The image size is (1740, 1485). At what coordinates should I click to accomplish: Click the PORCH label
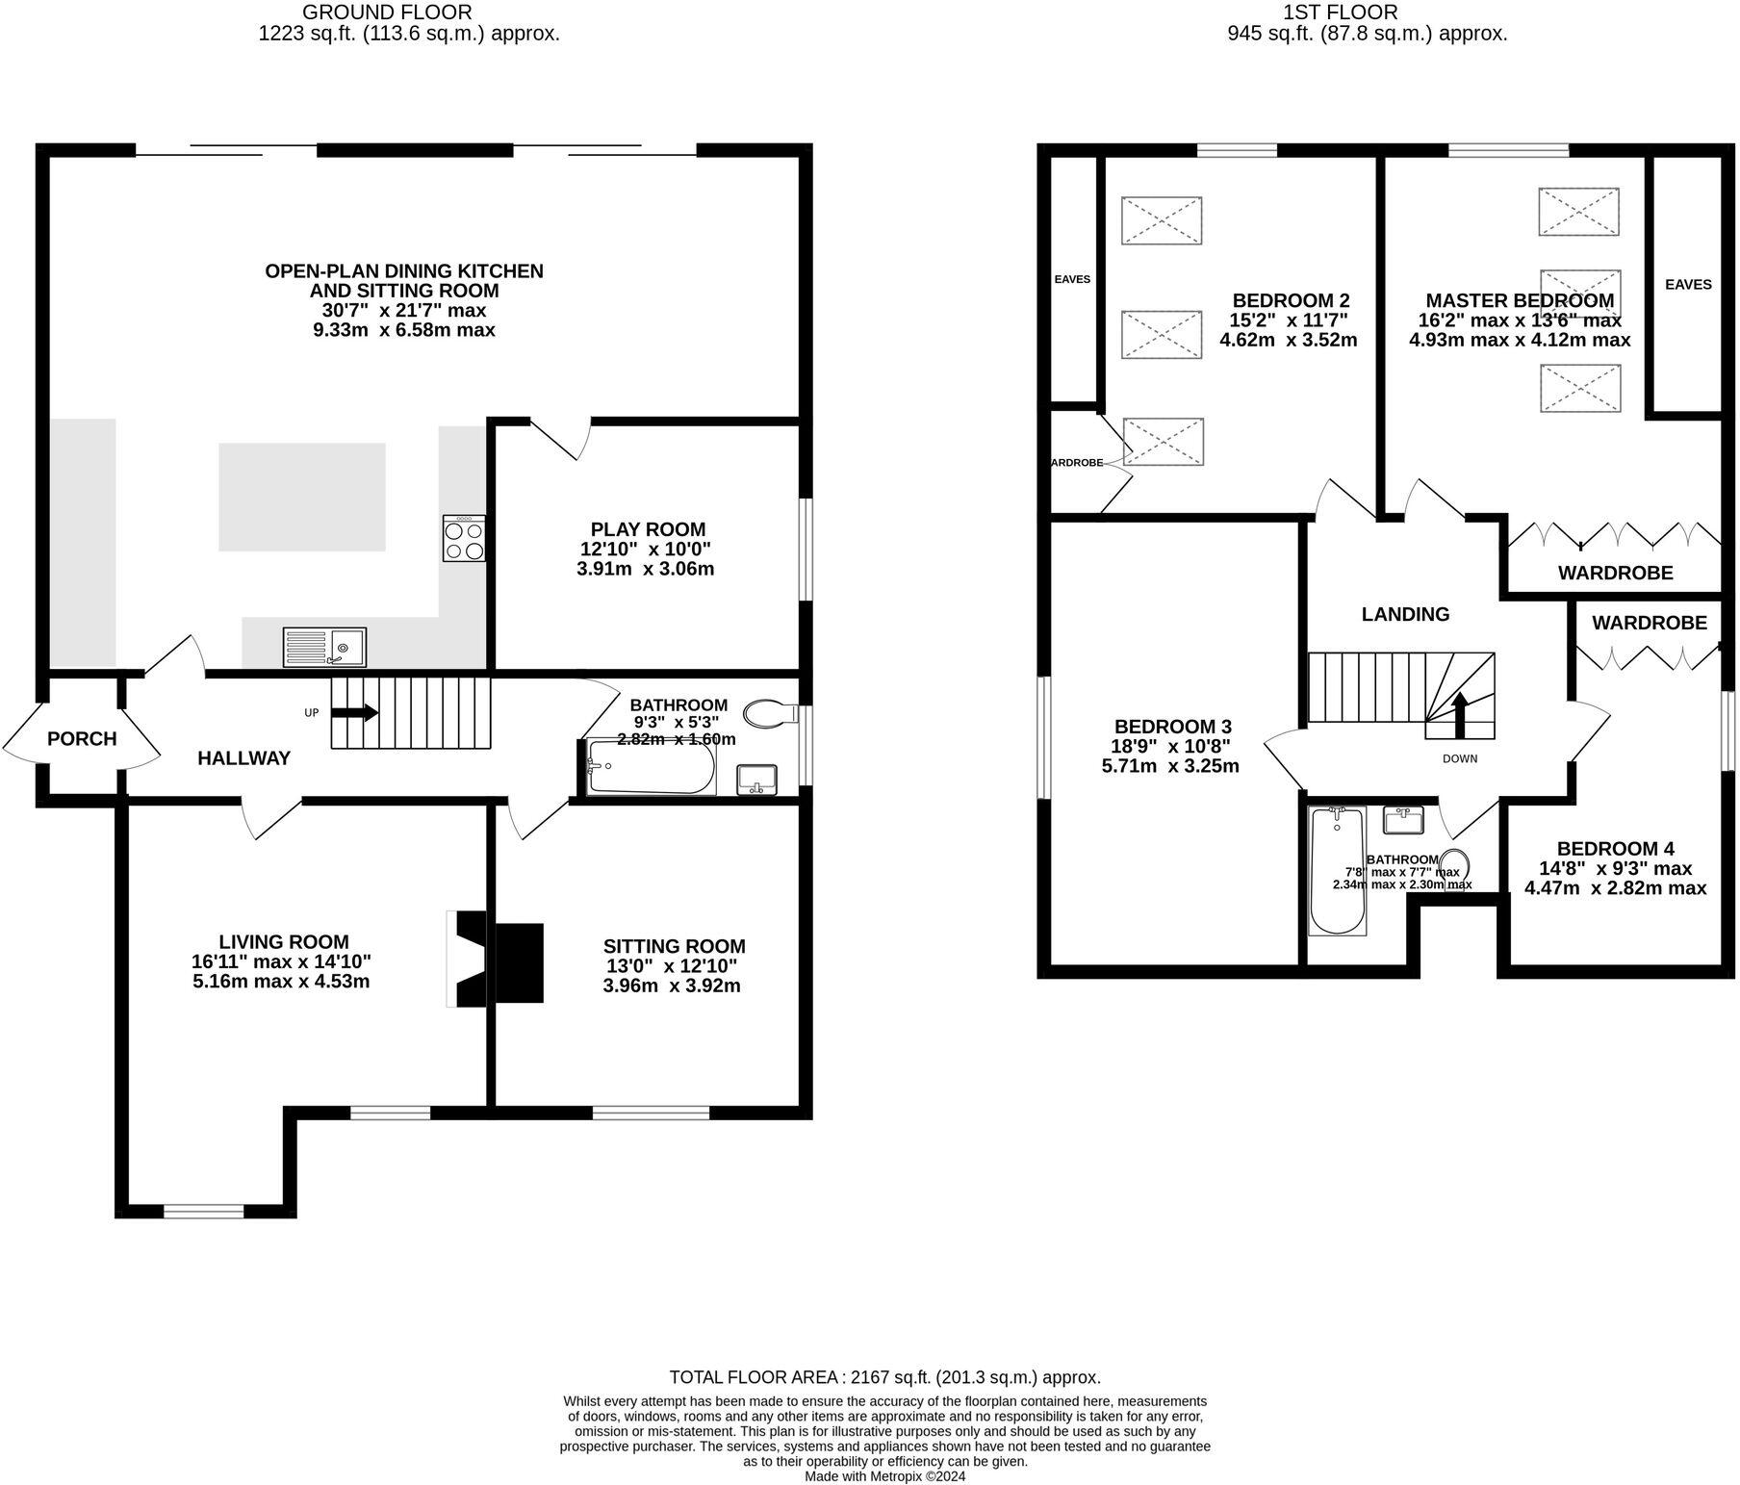82,739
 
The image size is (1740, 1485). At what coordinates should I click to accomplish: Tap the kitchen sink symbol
324,647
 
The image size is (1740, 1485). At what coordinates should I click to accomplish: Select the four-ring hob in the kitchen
464,539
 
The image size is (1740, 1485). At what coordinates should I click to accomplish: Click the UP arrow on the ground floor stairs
355,713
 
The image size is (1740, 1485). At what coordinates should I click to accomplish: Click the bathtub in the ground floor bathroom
652,767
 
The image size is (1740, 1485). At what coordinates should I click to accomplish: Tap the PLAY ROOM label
648,529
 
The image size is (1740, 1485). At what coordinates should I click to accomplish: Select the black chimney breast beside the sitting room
518,962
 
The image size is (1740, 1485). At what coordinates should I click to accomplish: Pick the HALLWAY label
243,758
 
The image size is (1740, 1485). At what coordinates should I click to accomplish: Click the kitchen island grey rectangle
302,497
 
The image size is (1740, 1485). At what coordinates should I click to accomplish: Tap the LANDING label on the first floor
1405,614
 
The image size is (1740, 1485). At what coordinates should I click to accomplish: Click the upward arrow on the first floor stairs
1459,713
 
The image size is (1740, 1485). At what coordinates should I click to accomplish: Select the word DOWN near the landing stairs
1459,758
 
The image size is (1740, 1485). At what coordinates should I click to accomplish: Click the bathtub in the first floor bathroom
1338,871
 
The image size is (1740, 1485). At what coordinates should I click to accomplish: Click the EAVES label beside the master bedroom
1688,284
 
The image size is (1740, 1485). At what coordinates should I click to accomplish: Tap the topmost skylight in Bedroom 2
1162,219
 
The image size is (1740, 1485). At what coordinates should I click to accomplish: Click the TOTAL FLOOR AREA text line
884,1377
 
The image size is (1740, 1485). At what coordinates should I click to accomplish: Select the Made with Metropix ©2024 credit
884,1475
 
